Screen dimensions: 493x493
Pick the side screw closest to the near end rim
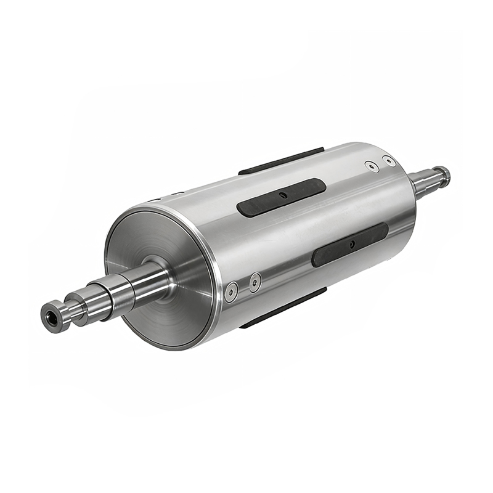(232, 291)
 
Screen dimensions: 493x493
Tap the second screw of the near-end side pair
(255, 282)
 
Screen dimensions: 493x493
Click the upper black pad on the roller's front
(281, 197)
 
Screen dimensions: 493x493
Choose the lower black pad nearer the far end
(350, 245)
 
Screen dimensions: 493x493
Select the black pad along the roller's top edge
(280, 161)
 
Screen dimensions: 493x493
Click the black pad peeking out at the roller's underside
(283, 308)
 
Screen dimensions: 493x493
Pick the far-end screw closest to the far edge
(389, 161)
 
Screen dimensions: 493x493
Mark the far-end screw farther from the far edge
(370, 166)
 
